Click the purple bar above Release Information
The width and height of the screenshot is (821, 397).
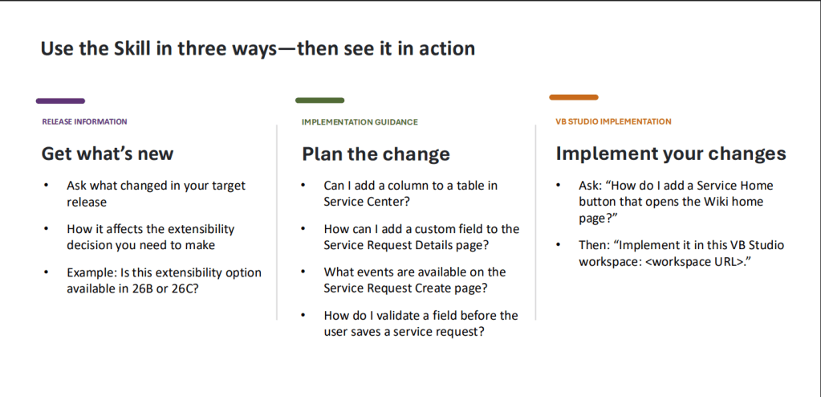[60, 100]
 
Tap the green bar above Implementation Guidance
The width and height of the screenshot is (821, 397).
[320, 100]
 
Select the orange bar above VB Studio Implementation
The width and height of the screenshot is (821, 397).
[574, 97]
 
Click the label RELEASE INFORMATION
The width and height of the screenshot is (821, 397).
[85, 121]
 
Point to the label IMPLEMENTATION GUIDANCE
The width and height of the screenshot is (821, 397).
[360, 122]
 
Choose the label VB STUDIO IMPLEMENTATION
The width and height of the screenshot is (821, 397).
[613, 121]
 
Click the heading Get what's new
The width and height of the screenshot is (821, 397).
[108, 154]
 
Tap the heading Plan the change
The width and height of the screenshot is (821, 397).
[376, 154]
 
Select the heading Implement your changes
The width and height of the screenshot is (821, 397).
[671, 153]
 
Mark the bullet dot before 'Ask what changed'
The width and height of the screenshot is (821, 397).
[46, 186]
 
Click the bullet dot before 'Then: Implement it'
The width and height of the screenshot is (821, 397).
[559, 245]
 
